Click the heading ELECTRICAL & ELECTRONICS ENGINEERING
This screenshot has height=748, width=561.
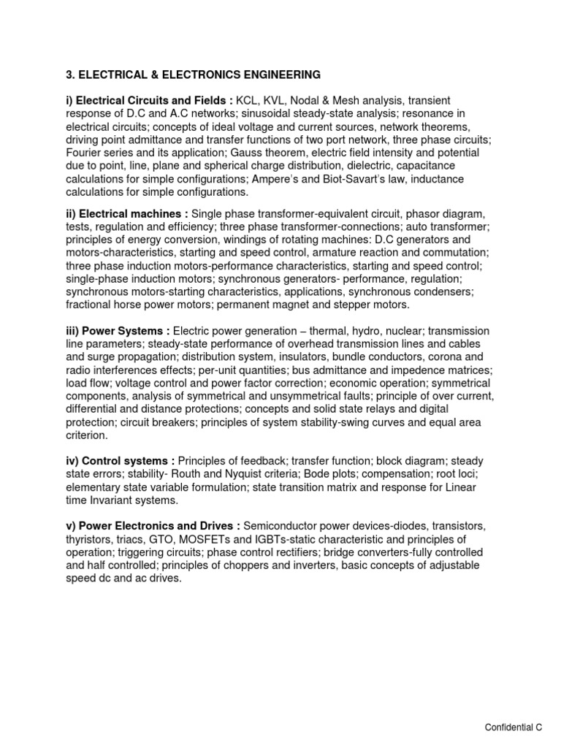point(193,75)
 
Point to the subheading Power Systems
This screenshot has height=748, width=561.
point(118,331)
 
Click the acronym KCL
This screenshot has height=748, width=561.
point(248,101)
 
